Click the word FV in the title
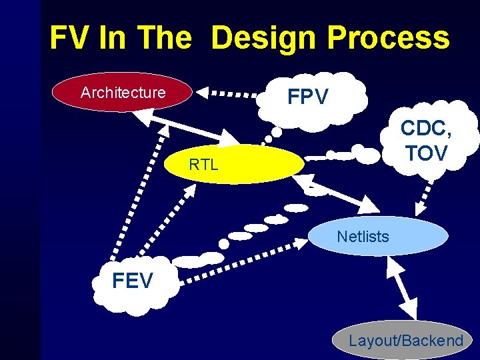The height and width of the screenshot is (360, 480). [69, 39]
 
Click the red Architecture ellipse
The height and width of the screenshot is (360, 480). [123, 93]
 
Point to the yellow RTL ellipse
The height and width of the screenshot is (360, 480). [233, 164]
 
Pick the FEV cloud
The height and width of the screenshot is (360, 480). [133, 282]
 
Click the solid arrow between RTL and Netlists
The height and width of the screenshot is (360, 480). [340, 192]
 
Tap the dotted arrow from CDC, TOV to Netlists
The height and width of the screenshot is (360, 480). [423, 193]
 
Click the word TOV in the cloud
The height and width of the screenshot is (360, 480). [426, 153]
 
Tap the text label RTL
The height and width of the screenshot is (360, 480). [203, 165]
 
